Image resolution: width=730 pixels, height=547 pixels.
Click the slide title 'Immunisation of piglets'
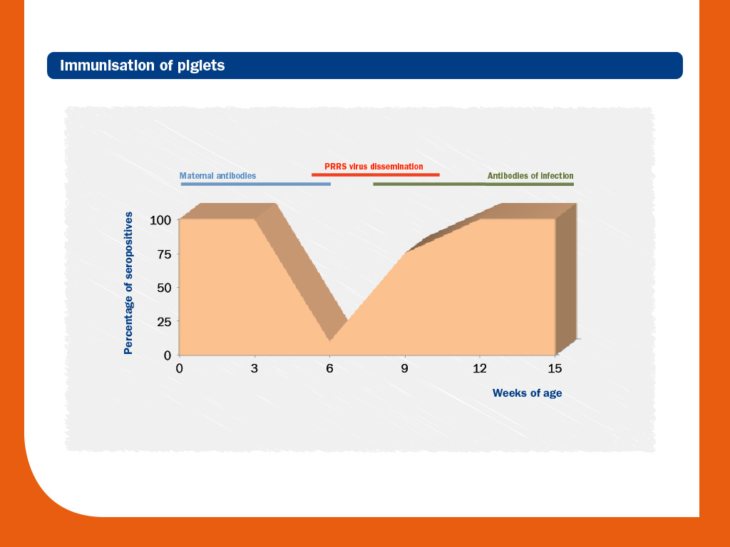point(143,66)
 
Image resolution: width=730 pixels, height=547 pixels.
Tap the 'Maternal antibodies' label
point(218,176)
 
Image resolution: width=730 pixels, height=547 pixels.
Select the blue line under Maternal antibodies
point(256,184)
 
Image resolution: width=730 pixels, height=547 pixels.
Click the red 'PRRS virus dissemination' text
point(374,167)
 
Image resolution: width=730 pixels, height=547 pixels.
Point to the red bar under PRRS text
point(376,175)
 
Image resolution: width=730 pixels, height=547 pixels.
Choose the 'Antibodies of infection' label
point(530,176)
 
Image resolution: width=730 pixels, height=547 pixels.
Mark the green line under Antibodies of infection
point(473,184)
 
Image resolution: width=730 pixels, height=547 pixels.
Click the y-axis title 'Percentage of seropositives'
point(128,283)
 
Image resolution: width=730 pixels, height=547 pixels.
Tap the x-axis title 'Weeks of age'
point(527,393)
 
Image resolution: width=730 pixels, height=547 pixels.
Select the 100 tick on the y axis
point(160,220)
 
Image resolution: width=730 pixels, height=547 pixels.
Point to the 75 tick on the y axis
point(164,254)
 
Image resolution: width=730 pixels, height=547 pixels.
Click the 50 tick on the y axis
point(164,288)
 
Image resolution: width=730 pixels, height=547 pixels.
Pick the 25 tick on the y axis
point(164,321)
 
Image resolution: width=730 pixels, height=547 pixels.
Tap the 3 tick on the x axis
point(255,368)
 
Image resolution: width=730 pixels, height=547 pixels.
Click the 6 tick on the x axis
point(329,368)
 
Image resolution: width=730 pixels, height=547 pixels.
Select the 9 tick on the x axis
point(405,368)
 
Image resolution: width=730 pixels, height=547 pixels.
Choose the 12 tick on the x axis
point(480,368)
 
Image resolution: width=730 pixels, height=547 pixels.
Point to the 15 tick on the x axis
point(555,368)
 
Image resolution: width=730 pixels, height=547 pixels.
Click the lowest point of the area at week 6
point(329,341)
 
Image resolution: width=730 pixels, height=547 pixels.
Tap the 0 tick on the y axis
point(168,355)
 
